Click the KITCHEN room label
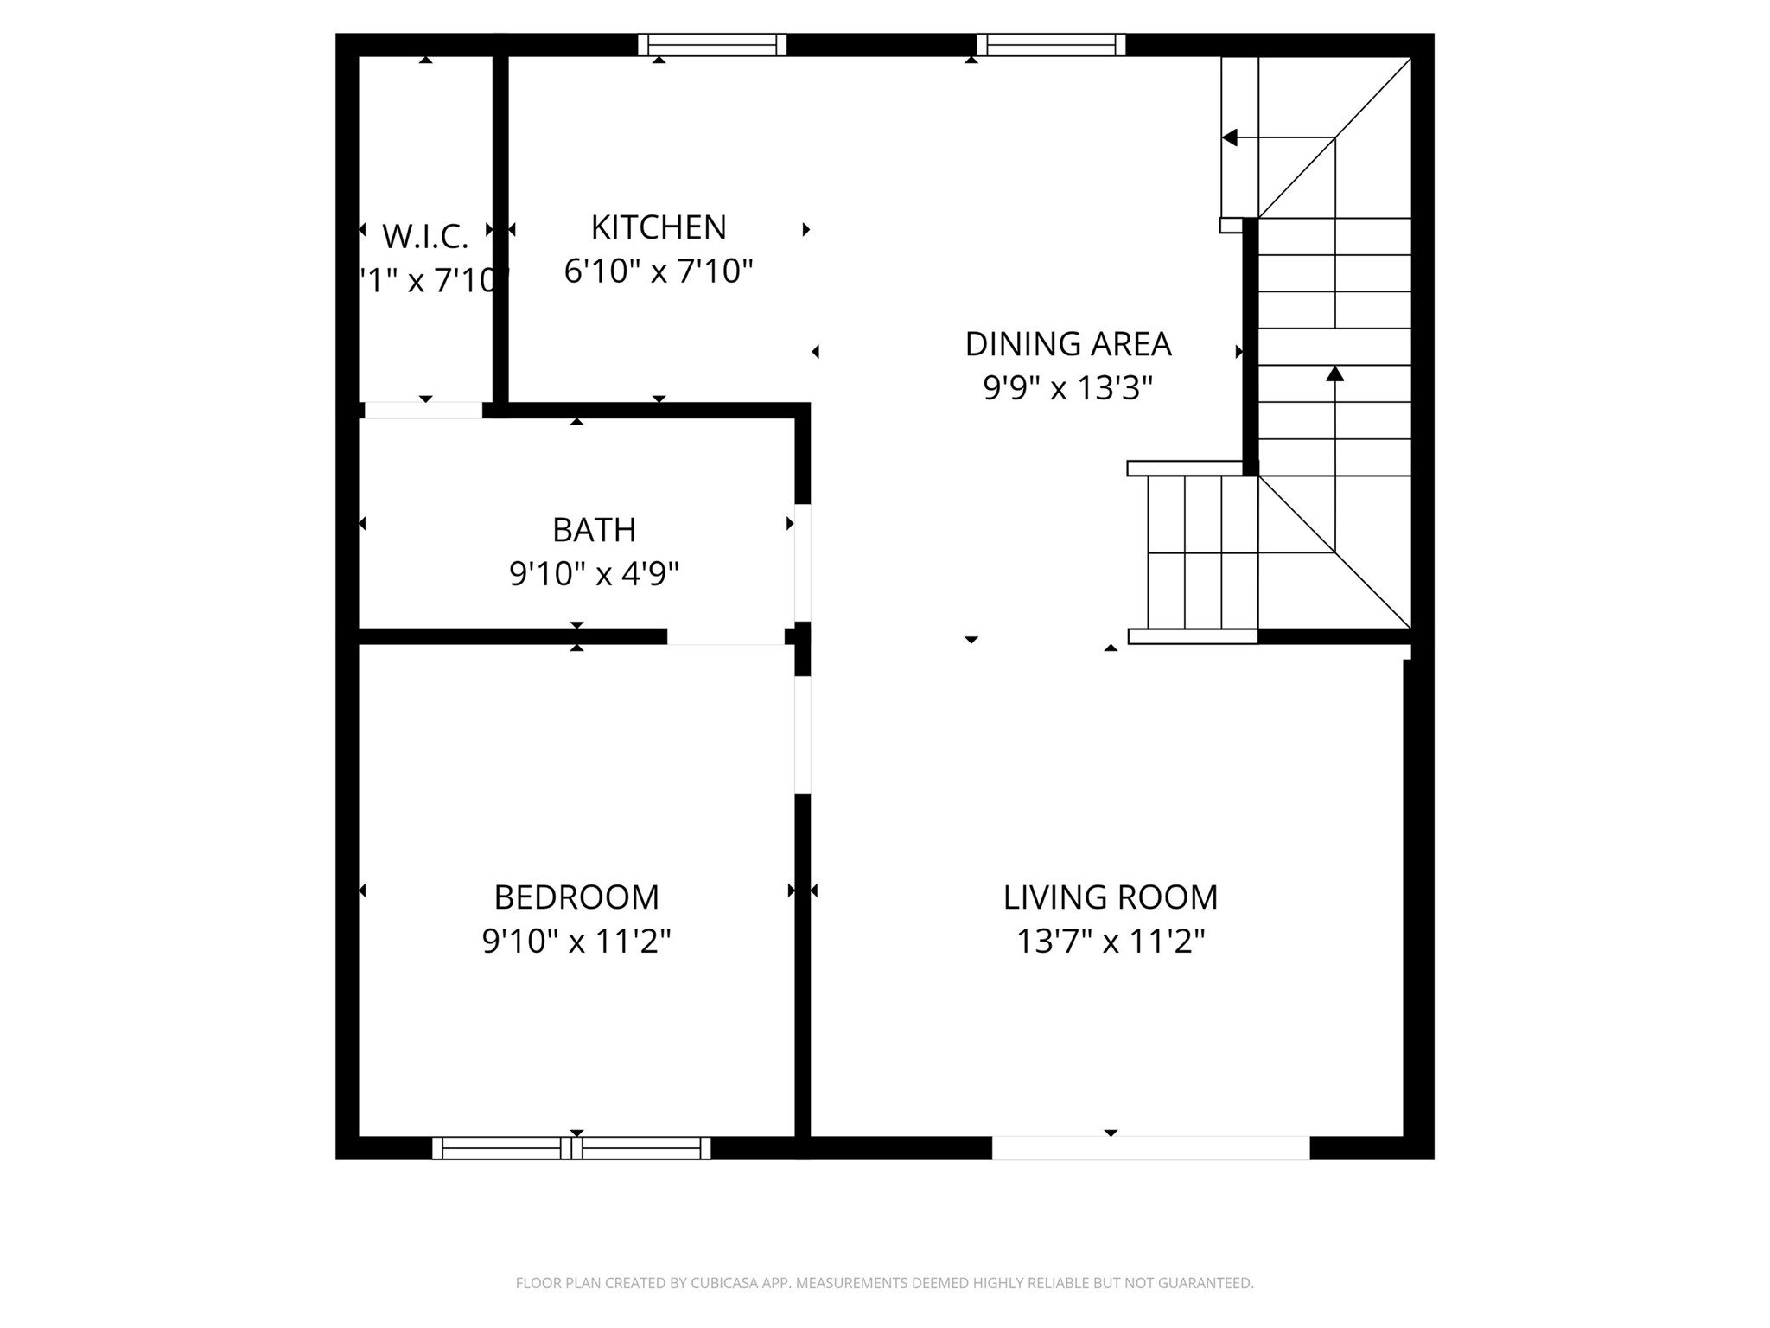point(659,227)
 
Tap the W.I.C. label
point(425,235)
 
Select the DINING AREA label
point(1067,344)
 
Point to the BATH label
point(594,530)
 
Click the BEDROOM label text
point(576,897)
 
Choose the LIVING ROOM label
point(1110,897)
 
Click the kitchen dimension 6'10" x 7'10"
point(659,271)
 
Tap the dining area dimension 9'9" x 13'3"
point(1067,388)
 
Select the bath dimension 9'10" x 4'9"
point(594,573)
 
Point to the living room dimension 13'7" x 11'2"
point(1110,941)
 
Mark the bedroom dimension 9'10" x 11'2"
point(576,941)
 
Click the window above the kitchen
point(712,44)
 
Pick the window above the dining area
point(1051,44)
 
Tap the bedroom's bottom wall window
point(571,1148)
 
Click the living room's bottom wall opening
point(1150,1148)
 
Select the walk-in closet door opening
point(423,411)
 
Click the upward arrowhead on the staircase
point(1335,373)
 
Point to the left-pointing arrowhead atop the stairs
point(1229,137)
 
